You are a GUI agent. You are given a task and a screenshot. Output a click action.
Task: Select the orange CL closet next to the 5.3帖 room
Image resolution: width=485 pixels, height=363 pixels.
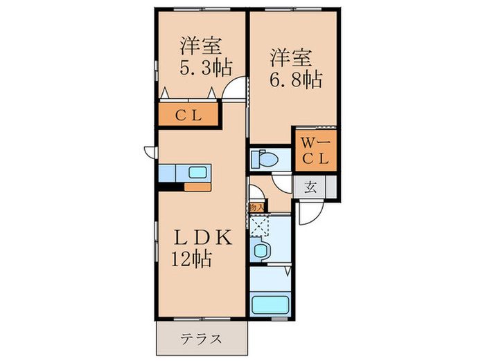[188, 115]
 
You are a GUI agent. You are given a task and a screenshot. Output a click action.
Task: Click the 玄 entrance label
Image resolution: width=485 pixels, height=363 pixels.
[310, 187]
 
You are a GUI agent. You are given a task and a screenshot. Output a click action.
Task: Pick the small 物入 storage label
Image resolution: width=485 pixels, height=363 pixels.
[254, 206]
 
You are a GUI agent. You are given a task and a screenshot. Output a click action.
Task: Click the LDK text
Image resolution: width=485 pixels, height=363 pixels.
[200, 237]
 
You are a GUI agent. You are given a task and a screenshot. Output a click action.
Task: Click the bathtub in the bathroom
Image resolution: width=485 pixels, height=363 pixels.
[271, 305]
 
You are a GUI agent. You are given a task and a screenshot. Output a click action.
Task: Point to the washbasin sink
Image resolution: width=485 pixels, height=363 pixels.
[261, 250]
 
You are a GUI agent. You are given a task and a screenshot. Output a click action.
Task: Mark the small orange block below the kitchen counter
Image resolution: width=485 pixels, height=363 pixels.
[197, 187]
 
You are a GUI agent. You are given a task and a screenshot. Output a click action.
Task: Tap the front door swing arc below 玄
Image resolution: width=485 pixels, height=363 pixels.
[309, 212]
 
